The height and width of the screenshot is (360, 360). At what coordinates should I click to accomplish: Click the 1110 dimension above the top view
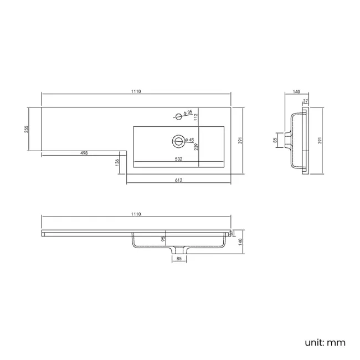tap(136, 91)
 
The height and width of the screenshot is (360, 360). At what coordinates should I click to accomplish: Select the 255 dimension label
tap(27, 129)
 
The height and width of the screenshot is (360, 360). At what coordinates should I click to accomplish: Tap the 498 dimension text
tap(84, 153)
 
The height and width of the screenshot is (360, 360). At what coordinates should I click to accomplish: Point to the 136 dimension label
tap(117, 162)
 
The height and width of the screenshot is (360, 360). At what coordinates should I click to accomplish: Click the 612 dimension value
tap(178, 180)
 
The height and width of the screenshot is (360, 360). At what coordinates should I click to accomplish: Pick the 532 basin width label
tap(178, 159)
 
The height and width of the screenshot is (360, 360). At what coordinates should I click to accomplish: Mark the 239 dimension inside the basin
tap(196, 146)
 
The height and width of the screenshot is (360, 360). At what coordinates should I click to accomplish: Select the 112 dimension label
tap(196, 117)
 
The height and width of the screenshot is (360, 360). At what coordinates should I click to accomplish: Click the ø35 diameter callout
tap(188, 112)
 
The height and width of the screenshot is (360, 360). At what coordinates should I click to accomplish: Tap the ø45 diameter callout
tap(189, 140)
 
